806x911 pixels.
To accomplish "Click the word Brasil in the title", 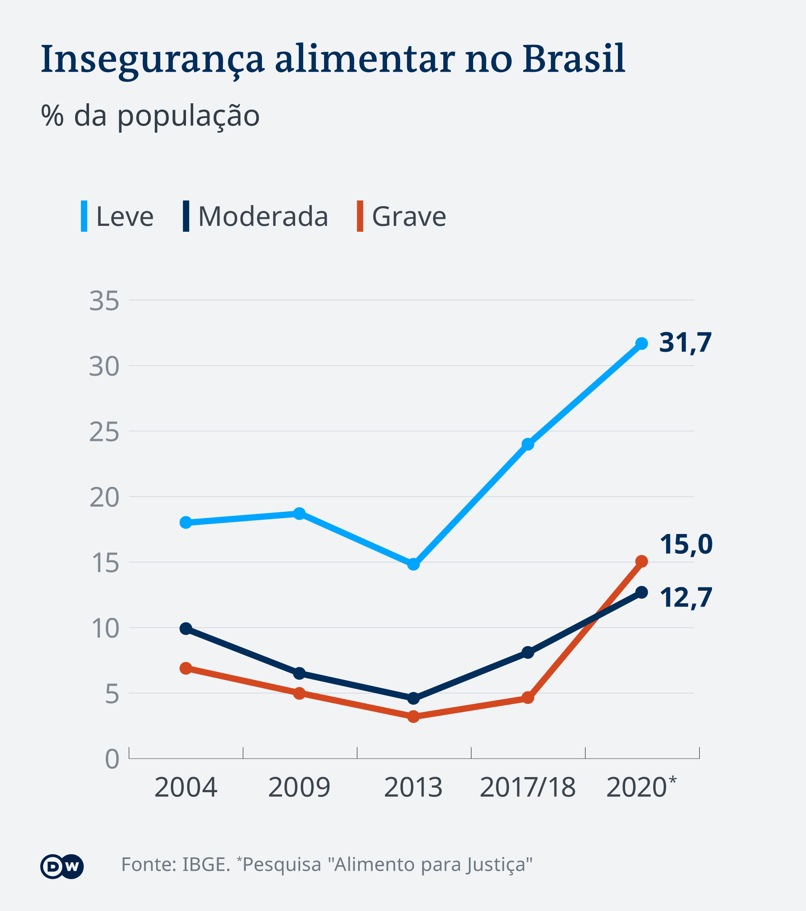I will point(573,59).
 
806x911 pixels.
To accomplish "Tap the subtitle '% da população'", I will point(150,116).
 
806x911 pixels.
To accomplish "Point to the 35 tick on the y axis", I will point(104,301).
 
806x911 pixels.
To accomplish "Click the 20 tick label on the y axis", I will point(104,498).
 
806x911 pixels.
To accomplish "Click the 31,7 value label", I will point(685,343).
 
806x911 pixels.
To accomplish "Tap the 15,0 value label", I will point(686,545).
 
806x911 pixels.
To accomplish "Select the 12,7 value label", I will point(686,598).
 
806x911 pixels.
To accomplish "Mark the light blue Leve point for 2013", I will point(413,564).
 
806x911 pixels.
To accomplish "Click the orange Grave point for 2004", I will point(186,668).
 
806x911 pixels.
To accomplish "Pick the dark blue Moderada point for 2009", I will point(299,673).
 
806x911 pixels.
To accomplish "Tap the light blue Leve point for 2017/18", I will point(528,444).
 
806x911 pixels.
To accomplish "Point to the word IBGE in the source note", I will point(206,865).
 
